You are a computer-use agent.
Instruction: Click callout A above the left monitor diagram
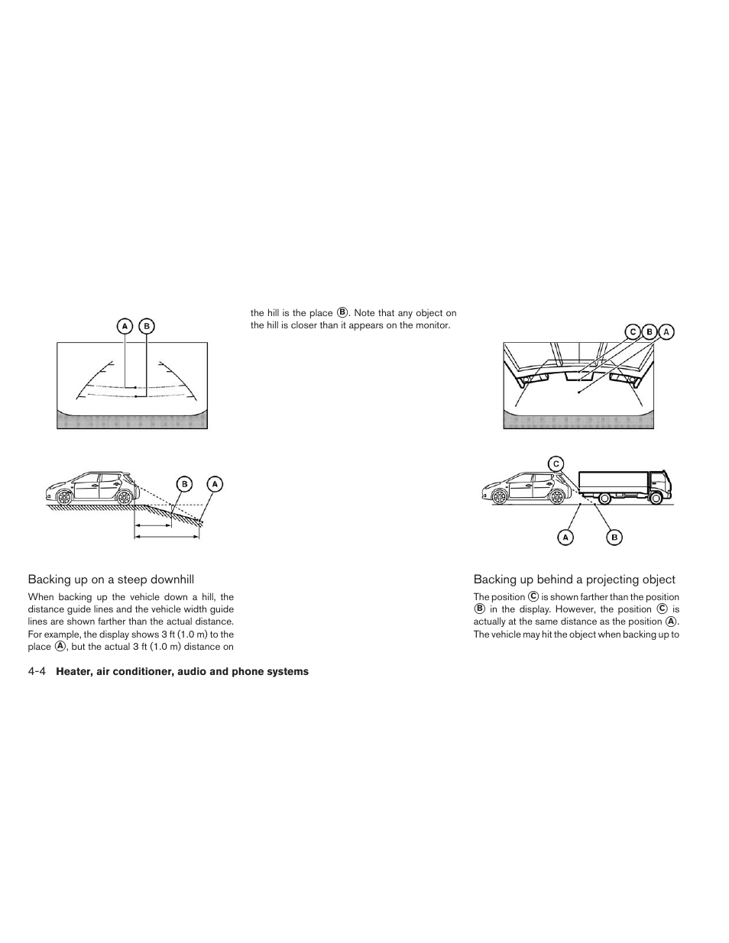124,326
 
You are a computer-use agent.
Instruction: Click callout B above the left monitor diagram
146,326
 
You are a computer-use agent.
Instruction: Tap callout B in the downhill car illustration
184,483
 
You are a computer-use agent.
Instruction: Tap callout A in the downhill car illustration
215,483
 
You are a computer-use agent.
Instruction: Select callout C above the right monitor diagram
632,331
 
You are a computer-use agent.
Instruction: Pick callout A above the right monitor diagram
666,331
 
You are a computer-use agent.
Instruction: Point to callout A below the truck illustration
565,538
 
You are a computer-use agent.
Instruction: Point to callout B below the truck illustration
614,538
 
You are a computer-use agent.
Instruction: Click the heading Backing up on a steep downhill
116,580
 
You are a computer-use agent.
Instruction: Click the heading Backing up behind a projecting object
574,580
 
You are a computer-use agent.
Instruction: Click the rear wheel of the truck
604,499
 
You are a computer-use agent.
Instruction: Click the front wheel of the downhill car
66,497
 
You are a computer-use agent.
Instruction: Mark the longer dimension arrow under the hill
167,537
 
